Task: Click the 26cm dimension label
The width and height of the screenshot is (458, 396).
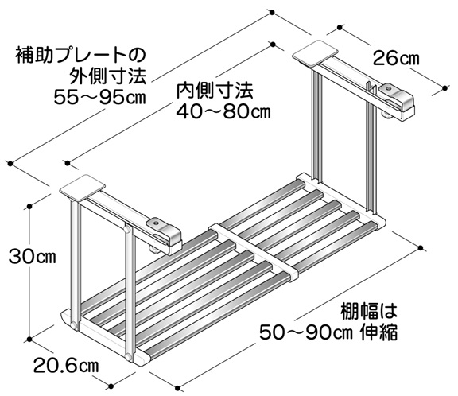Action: [396, 58]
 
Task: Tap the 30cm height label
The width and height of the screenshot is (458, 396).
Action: [32, 258]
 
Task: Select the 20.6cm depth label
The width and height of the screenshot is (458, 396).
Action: [66, 365]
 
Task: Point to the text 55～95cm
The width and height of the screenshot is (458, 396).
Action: [99, 98]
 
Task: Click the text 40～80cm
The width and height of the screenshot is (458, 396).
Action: [223, 111]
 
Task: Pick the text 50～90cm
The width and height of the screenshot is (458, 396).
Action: [306, 332]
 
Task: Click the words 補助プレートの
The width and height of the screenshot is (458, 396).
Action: [80, 55]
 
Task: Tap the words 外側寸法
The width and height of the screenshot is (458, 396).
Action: [107, 76]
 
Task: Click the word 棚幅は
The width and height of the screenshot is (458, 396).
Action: [369, 312]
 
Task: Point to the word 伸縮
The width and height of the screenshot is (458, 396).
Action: [378, 332]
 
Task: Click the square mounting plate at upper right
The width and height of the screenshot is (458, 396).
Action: [316, 53]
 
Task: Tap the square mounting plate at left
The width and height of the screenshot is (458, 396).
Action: [83, 188]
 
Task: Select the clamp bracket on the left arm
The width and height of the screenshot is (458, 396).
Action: [164, 233]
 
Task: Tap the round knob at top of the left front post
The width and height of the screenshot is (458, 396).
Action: [127, 229]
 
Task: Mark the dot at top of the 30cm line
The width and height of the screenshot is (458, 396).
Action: [29, 207]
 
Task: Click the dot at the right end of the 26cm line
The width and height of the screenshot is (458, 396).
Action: [444, 87]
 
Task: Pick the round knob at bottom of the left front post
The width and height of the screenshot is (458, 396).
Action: [128, 356]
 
